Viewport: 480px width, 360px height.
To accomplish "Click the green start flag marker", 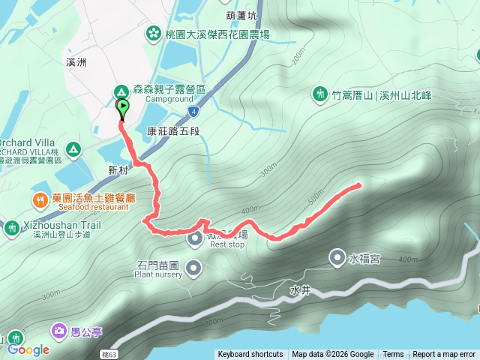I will (122, 109).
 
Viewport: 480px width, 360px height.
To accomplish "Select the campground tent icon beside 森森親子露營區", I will (120, 91).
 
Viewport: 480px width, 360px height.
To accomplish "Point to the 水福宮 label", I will (364, 259).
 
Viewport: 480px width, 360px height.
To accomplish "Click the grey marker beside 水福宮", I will (337, 258).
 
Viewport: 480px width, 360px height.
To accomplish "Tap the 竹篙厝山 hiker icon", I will (320, 94).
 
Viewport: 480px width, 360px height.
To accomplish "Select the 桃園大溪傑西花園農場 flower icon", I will (154, 33).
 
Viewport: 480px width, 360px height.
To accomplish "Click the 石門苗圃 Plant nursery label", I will (158, 268).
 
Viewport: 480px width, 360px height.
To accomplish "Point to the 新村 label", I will (118, 170).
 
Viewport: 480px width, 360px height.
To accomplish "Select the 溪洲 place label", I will (76, 62).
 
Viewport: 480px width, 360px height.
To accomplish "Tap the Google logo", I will (28, 349).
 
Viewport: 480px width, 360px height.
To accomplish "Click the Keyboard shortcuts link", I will (250, 355).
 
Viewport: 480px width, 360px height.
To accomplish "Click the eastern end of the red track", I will (360, 184).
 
